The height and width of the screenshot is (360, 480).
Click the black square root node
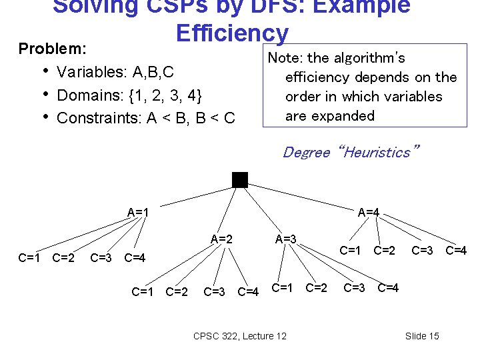[x=240, y=179]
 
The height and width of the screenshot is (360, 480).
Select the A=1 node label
[x=138, y=213]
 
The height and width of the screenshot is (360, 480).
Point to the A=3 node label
[x=286, y=239]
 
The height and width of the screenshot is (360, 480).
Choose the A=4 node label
[x=369, y=213]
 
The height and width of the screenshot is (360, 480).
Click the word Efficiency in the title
[x=232, y=33]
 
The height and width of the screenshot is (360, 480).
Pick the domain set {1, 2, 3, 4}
[x=157, y=95]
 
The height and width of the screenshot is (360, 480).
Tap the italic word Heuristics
[x=379, y=152]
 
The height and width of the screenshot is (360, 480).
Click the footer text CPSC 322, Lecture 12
[x=239, y=335]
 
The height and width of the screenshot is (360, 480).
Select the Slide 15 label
[x=422, y=335]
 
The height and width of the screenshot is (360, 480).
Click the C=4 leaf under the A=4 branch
[x=456, y=251]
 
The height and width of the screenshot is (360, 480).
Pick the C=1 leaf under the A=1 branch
[x=29, y=257]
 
